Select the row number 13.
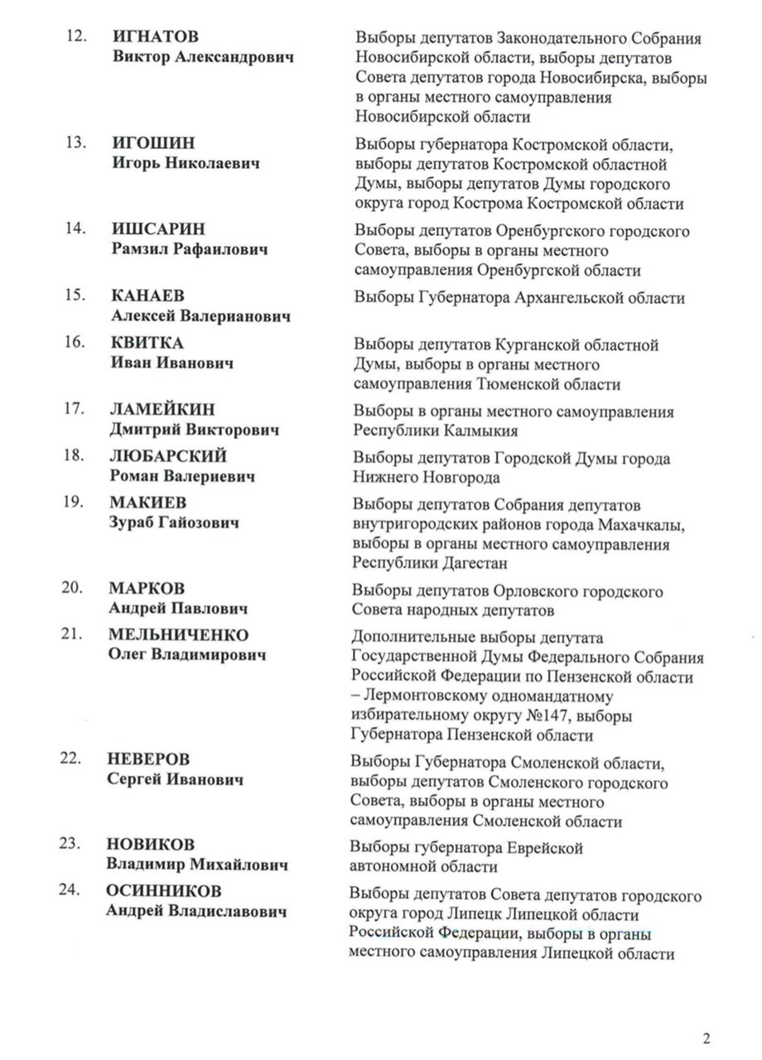(78, 142)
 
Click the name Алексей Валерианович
(200, 316)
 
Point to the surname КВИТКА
(147, 343)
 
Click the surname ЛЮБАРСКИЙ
(168, 456)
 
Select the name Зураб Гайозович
(174, 523)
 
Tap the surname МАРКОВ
(147, 588)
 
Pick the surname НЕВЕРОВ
(148, 759)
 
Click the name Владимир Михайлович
(197, 865)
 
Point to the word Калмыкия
(478, 431)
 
